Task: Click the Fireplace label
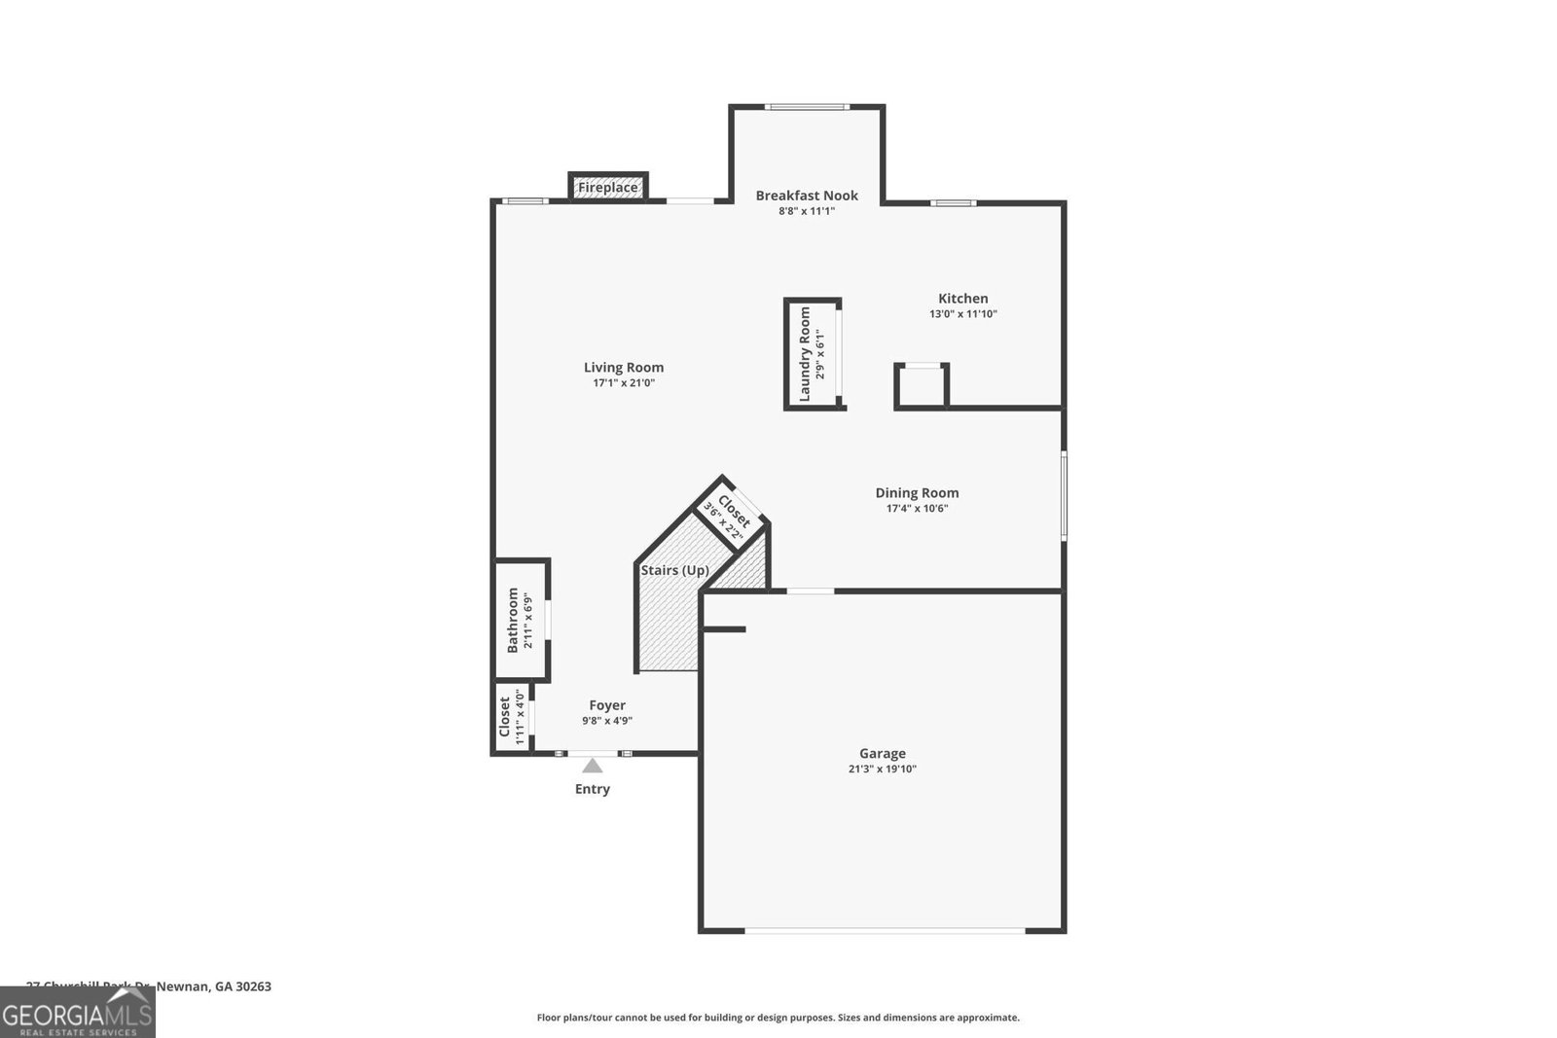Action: [608, 187]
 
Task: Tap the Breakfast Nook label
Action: [807, 196]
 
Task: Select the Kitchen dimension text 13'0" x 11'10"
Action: [962, 314]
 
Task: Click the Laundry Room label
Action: [805, 354]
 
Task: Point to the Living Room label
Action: [624, 367]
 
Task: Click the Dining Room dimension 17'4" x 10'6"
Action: [917, 508]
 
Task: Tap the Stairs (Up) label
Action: [674, 570]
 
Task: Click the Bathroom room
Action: [521, 620]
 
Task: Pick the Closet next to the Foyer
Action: [509, 718]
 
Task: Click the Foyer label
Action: [607, 705]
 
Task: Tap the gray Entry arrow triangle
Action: [593, 766]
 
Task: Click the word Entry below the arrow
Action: [593, 789]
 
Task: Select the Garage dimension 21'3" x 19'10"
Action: [882, 770]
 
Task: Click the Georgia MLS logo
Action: [77, 1013]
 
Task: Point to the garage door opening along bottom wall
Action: [884, 931]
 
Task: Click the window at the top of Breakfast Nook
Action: [807, 107]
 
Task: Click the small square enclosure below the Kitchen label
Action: [921, 385]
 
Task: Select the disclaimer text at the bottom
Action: [778, 1018]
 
